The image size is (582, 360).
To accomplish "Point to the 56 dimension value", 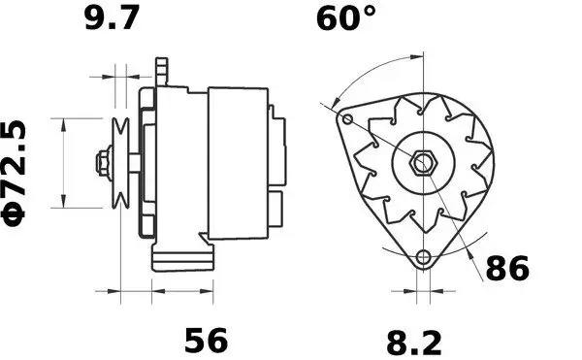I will point(206,340).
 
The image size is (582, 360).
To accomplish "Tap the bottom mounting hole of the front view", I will point(421,257).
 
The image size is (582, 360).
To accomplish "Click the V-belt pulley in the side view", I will point(123,162).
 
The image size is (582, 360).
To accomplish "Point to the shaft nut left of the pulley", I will point(101,162).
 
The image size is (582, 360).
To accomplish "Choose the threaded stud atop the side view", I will point(163,71).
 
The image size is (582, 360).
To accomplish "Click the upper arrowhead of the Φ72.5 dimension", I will point(64,123).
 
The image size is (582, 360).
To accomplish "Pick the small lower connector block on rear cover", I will point(278,206).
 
